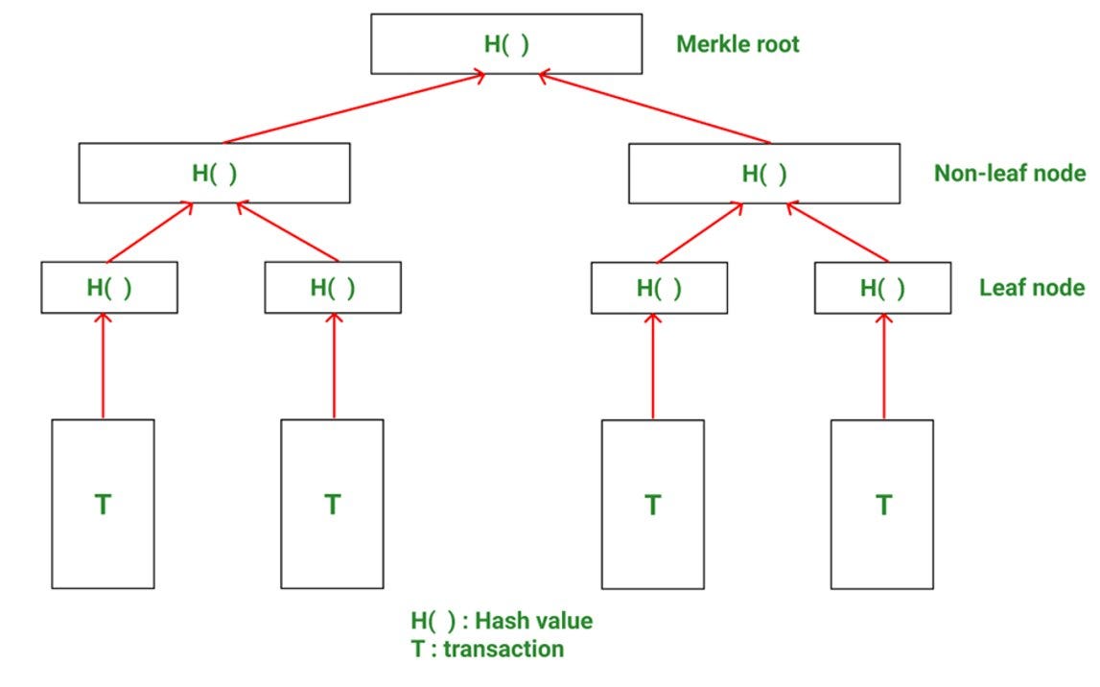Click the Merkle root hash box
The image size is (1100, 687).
(505, 44)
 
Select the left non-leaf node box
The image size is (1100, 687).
(214, 174)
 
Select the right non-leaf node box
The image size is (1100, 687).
(763, 174)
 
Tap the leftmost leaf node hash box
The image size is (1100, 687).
(108, 287)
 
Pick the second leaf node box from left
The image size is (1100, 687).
(333, 287)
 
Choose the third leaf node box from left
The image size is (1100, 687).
(658, 287)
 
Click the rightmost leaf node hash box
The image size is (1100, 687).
(882, 287)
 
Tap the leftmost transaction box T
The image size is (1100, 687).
(103, 504)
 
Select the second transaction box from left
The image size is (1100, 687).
(332, 504)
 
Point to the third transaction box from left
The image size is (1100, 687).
(652, 504)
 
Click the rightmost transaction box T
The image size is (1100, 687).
(882, 504)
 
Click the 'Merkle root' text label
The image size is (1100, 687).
(737, 44)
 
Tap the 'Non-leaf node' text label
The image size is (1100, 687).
(1009, 174)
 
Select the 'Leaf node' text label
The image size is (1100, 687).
(1032, 287)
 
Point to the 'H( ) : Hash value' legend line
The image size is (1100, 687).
(502, 621)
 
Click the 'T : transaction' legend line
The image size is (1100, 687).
(487, 650)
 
